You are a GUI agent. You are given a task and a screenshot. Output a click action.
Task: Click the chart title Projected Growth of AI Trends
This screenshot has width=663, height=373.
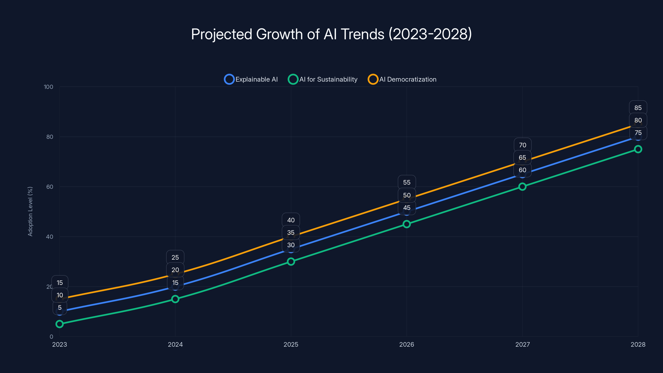pos(331,34)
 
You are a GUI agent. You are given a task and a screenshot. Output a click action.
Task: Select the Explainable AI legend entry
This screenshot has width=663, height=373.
pos(251,79)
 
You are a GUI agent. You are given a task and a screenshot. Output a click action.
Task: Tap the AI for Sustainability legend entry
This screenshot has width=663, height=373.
pos(323,79)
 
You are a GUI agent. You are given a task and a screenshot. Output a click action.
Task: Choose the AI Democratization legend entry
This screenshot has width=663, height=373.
pos(402,79)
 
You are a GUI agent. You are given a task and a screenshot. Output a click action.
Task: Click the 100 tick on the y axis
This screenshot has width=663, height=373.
pos(48,87)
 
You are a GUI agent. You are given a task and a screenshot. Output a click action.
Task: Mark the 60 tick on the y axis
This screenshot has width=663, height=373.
pos(50,187)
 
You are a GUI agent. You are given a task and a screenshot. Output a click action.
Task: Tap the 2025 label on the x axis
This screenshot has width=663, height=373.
pos(291,344)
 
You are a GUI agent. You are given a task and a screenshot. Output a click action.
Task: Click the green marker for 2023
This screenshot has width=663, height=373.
pos(59,324)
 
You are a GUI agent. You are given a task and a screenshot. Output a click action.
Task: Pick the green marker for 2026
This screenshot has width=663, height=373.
pos(407,224)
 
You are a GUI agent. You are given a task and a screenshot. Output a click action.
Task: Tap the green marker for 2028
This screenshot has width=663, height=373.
pos(638,149)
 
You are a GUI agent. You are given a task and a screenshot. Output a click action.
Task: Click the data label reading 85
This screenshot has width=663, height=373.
pos(638,108)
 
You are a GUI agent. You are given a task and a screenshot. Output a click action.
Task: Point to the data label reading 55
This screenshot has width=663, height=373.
pos(407,182)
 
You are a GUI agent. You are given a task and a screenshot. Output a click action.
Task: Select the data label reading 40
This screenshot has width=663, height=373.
pos(291,220)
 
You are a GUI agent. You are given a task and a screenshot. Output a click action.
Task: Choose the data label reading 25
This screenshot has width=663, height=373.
pos(175,257)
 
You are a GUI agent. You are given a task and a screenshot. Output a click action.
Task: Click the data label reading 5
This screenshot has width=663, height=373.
pos(60,308)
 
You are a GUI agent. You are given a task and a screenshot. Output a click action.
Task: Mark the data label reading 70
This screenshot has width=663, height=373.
pos(523,145)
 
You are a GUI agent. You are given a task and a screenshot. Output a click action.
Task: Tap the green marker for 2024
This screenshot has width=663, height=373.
pos(175,299)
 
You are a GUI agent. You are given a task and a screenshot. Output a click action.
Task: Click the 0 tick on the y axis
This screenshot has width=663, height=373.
pos(51,337)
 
